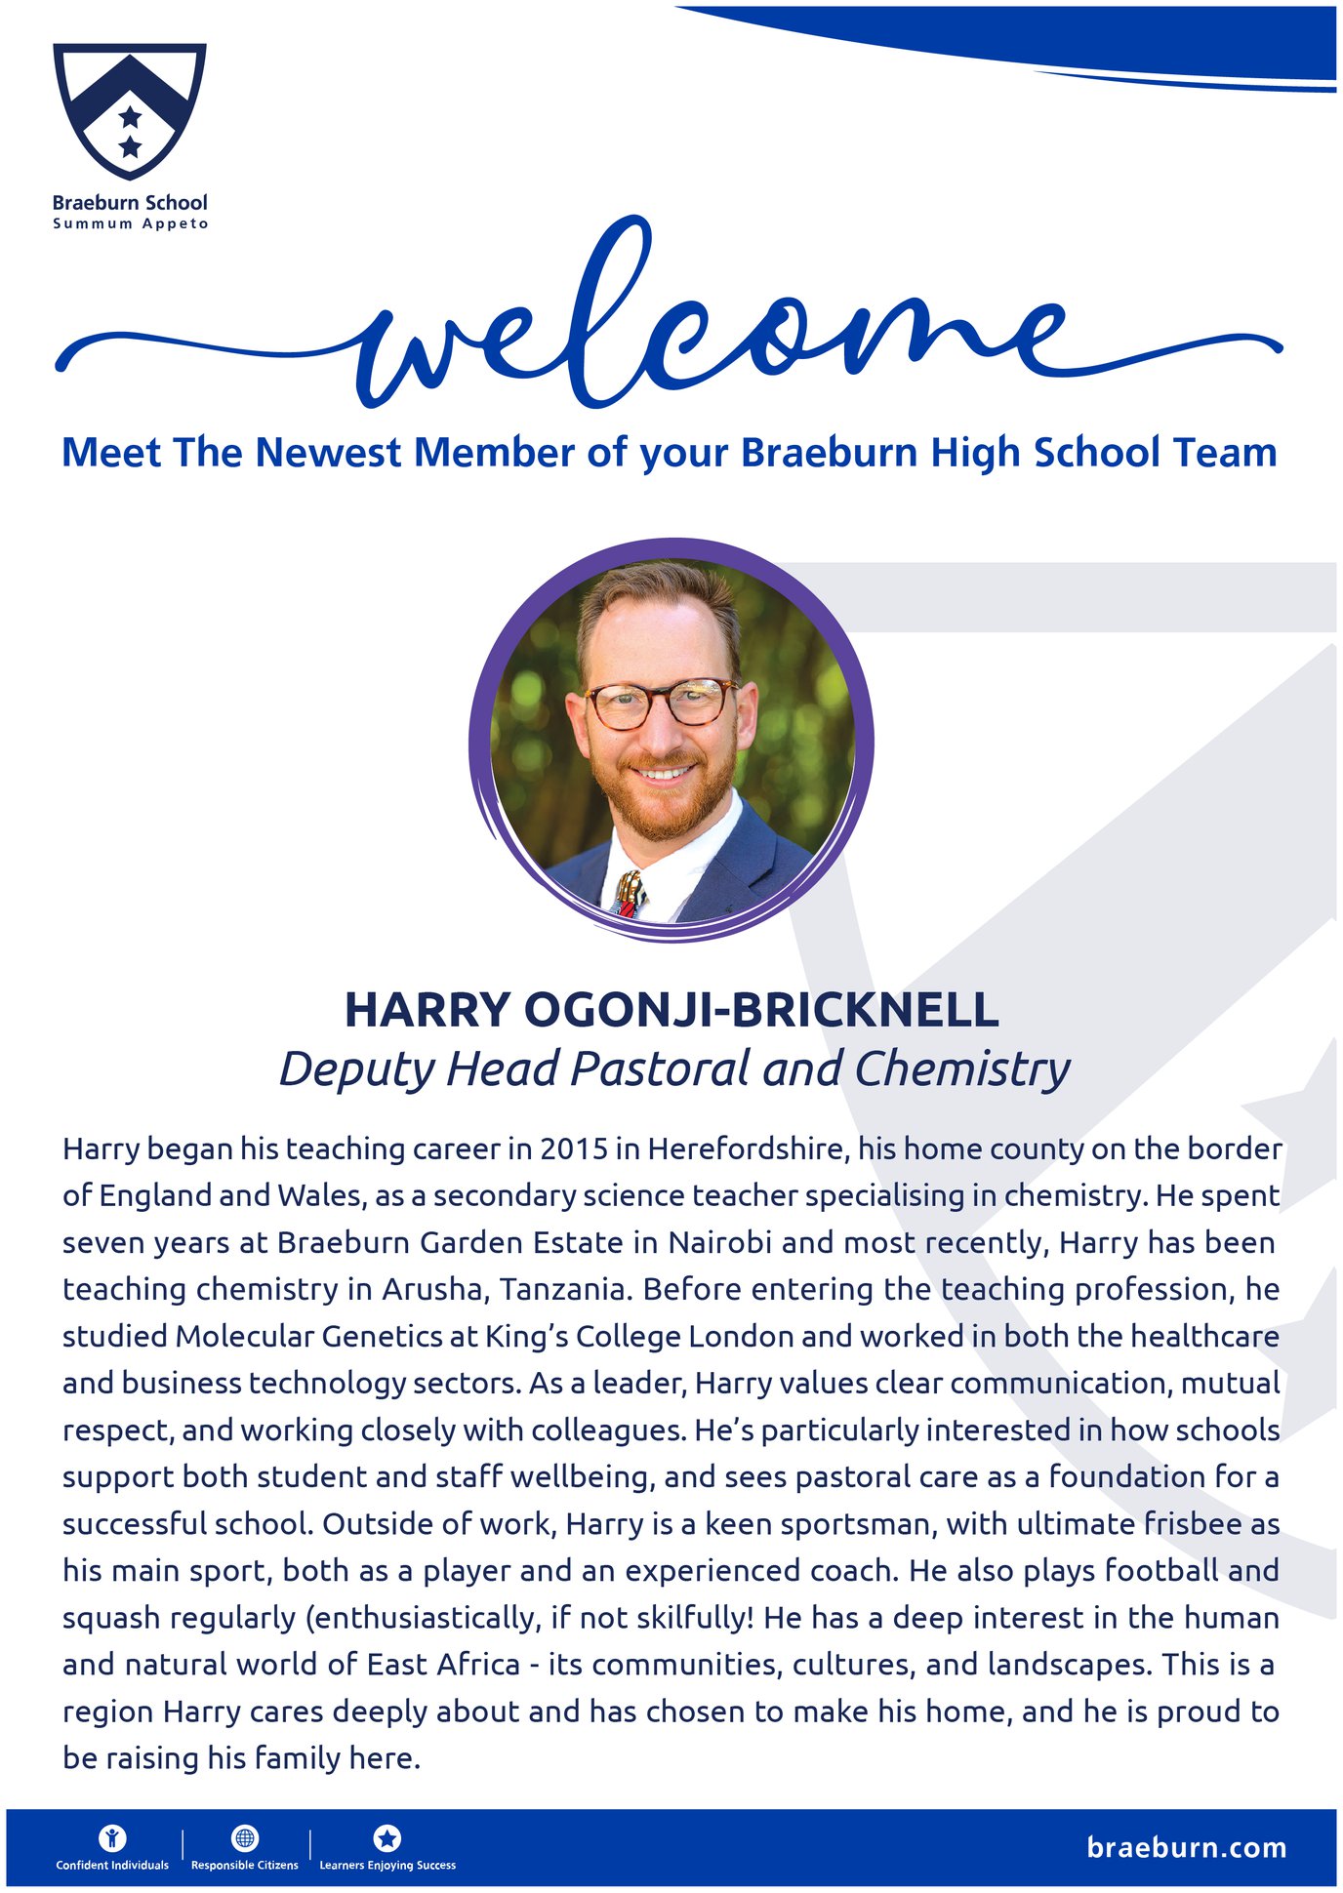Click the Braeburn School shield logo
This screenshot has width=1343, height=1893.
(x=130, y=110)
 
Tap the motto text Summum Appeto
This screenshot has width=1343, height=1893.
(x=130, y=223)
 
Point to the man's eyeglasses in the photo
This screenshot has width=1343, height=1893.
(x=662, y=703)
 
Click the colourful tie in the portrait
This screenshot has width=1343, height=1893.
(x=629, y=893)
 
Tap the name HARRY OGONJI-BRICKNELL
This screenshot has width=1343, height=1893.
(x=671, y=1010)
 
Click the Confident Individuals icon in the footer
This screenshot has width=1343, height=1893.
(x=112, y=1838)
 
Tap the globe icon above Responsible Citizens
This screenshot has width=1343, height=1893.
(x=244, y=1838)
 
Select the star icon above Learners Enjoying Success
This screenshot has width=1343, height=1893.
(x=387, y=1838)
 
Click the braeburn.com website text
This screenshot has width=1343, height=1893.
(x=1186, y=1848)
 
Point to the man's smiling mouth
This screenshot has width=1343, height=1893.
(x=664, y=773)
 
